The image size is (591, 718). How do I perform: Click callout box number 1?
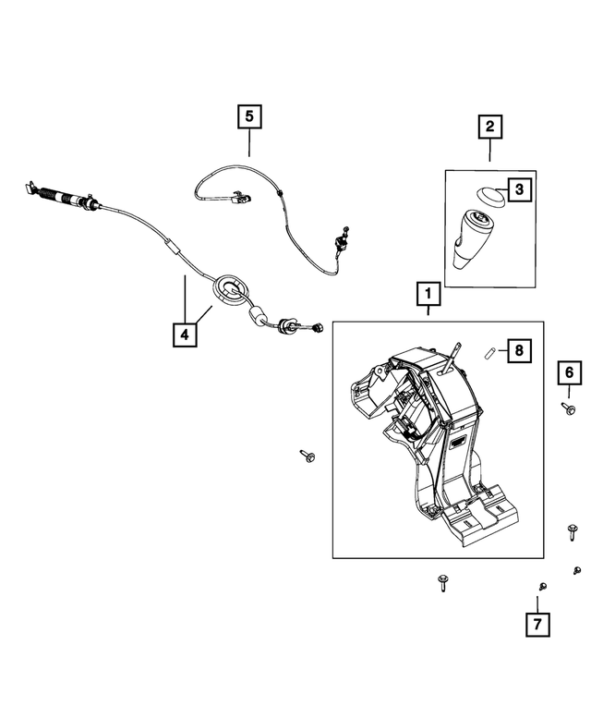click(x=428, y=295)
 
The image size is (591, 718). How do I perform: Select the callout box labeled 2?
click(x=489, y=126)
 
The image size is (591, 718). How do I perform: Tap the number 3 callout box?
click(x=520, y=190)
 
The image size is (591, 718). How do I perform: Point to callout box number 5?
click(x=248, y=117)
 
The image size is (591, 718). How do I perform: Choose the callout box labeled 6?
click(x=569, y=372)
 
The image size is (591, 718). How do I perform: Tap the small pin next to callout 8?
click(x=491, y=351)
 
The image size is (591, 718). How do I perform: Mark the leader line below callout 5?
click(x=248, y=143)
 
